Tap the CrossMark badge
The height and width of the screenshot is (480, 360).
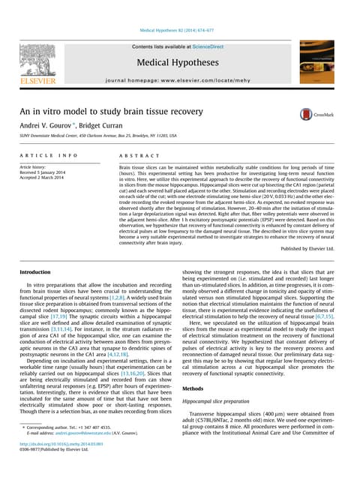point(316,114)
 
